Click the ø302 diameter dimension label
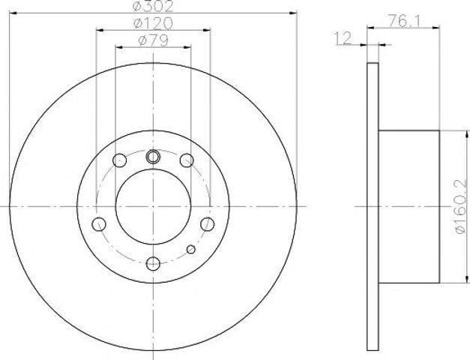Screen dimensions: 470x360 tap(153, 6)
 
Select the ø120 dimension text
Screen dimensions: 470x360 tap(153, 23)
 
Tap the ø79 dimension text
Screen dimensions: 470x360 tap(153, 40)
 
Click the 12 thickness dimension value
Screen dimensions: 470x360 tap(343, 38)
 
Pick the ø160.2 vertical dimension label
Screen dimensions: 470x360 tap(461, 207)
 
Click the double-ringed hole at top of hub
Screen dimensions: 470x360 tap(153, 157)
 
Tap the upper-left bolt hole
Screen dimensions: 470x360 tap(120, 160)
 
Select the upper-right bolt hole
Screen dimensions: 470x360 tap(187, 160)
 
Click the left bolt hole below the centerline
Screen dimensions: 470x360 tap(99, 224)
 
